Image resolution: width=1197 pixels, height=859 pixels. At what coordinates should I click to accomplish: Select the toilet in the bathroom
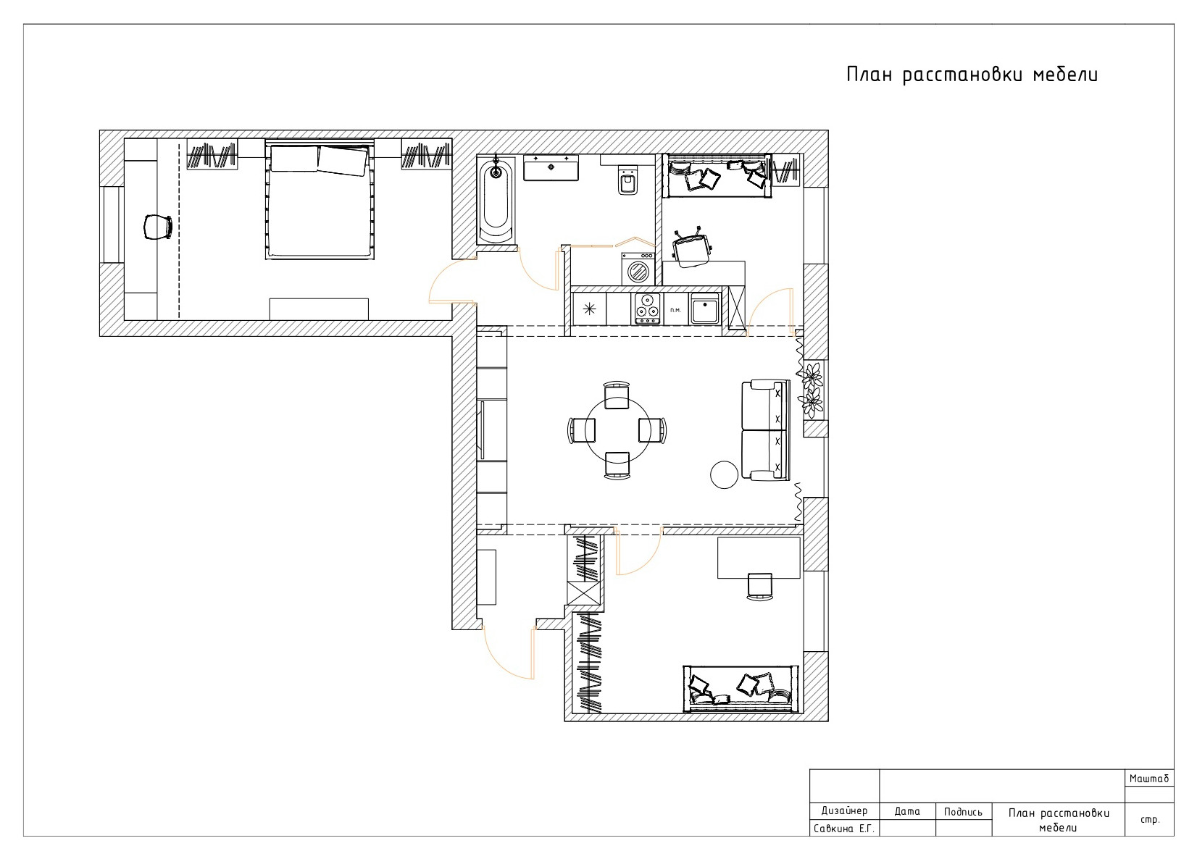coord(627,180)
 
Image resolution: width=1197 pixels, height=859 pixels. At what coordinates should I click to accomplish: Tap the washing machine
coord(638,269)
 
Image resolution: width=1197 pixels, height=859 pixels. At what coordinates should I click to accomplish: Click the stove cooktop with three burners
coord(647,309)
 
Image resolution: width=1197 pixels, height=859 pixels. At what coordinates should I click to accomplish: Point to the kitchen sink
coord(705,309)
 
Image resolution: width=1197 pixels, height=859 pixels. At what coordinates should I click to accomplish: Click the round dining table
coord(618,430)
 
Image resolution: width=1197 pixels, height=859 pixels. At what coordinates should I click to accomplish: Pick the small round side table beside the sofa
coord(724,474)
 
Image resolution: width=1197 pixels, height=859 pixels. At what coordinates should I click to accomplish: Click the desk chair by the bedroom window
coord(158,227)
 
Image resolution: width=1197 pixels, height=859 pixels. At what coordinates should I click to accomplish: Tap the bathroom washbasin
coord(551,168)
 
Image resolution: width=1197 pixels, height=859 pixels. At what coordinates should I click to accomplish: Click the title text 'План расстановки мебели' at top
coord(972,75)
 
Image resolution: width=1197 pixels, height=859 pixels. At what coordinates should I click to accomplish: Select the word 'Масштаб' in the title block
coord(1149,779)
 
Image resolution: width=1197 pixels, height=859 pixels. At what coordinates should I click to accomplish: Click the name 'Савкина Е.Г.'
coord(844,829)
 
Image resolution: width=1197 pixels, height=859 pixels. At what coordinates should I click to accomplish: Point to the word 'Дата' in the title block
coord(907,811)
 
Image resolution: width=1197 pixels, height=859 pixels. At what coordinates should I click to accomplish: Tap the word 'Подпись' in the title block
coord(963,812)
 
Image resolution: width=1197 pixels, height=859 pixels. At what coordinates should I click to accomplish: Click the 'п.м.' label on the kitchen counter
coord(675,310)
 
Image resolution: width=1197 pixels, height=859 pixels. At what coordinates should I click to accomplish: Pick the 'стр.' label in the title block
coord(1149,819)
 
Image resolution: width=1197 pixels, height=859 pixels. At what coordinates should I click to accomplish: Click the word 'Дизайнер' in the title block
coord(844,810)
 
